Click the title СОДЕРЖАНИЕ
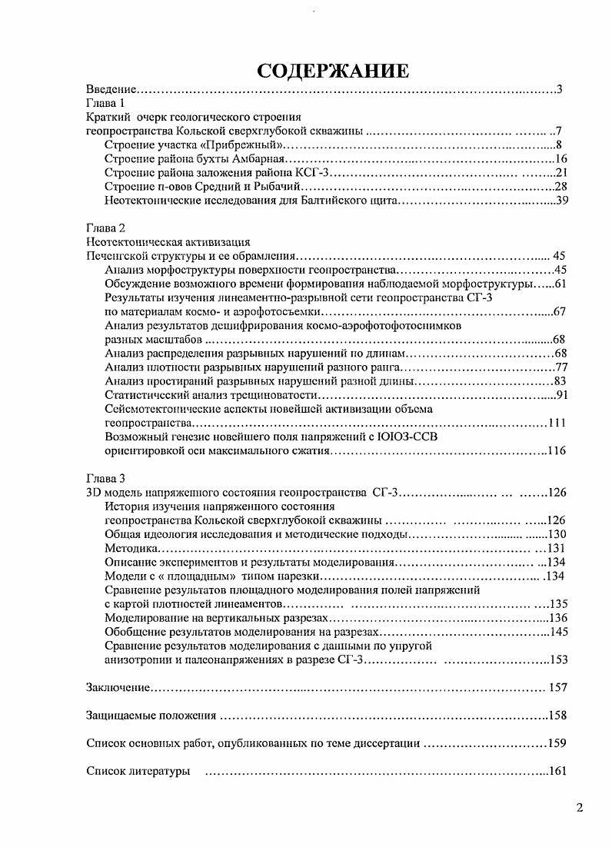(x=333, y=71)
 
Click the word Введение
(x=111, y=90)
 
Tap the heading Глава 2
(x=105, y=228)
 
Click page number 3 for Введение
(x=560, y=90)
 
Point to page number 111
(x=557, y=423)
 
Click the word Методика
(x=131, y=549)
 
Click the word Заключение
(x=118, y=687)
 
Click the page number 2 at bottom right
(x=580, y=808)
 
